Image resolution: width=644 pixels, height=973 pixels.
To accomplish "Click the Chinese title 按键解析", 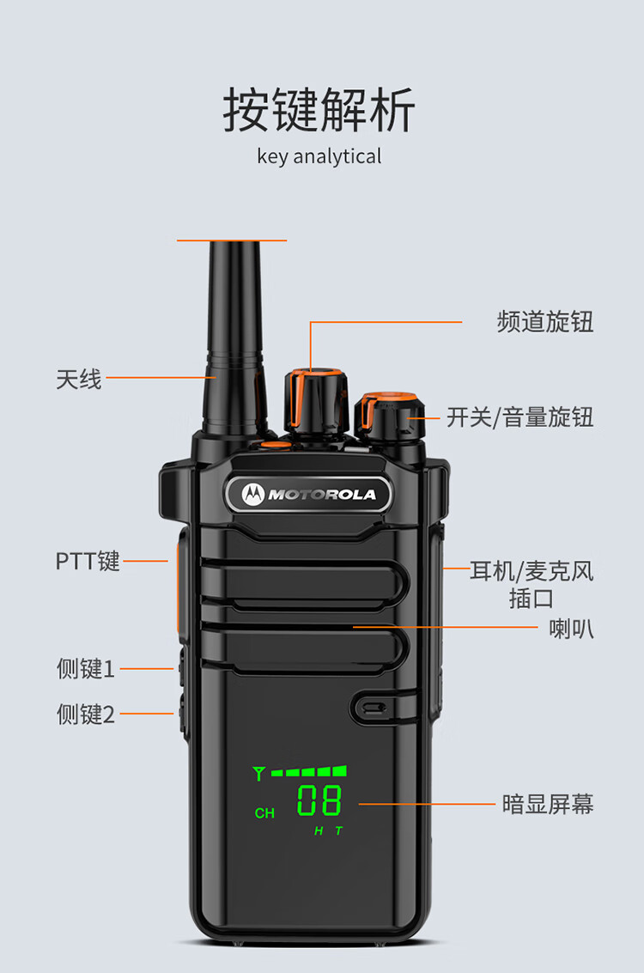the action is [319, 110].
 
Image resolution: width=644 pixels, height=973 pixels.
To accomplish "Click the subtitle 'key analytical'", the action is [319, 156].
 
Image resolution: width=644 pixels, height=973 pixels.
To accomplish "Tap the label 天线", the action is [78, 379].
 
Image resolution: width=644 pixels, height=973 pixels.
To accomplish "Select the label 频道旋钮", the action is [545, 322].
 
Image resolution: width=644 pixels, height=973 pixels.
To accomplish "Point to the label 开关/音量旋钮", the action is [519, 417].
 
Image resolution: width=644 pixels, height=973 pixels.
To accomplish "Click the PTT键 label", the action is [88, 561].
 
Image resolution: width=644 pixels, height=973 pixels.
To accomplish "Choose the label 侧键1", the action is [86, 669].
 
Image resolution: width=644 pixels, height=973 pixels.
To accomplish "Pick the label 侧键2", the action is [86, 715].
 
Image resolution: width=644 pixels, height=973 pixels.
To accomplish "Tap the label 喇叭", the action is [571, 629].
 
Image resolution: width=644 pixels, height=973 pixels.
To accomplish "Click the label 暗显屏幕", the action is [548, 804].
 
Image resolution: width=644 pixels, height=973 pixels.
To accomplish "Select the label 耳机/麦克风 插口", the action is [532, 585].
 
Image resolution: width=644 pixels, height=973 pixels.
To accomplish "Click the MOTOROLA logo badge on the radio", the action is [308, 494].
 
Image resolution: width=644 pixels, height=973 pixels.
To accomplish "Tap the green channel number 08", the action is [319, 800].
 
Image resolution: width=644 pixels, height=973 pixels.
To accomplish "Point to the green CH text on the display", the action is [264, 813].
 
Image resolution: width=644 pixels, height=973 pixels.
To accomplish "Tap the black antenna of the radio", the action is [234, 338].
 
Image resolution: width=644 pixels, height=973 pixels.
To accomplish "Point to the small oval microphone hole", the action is [374, 708].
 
